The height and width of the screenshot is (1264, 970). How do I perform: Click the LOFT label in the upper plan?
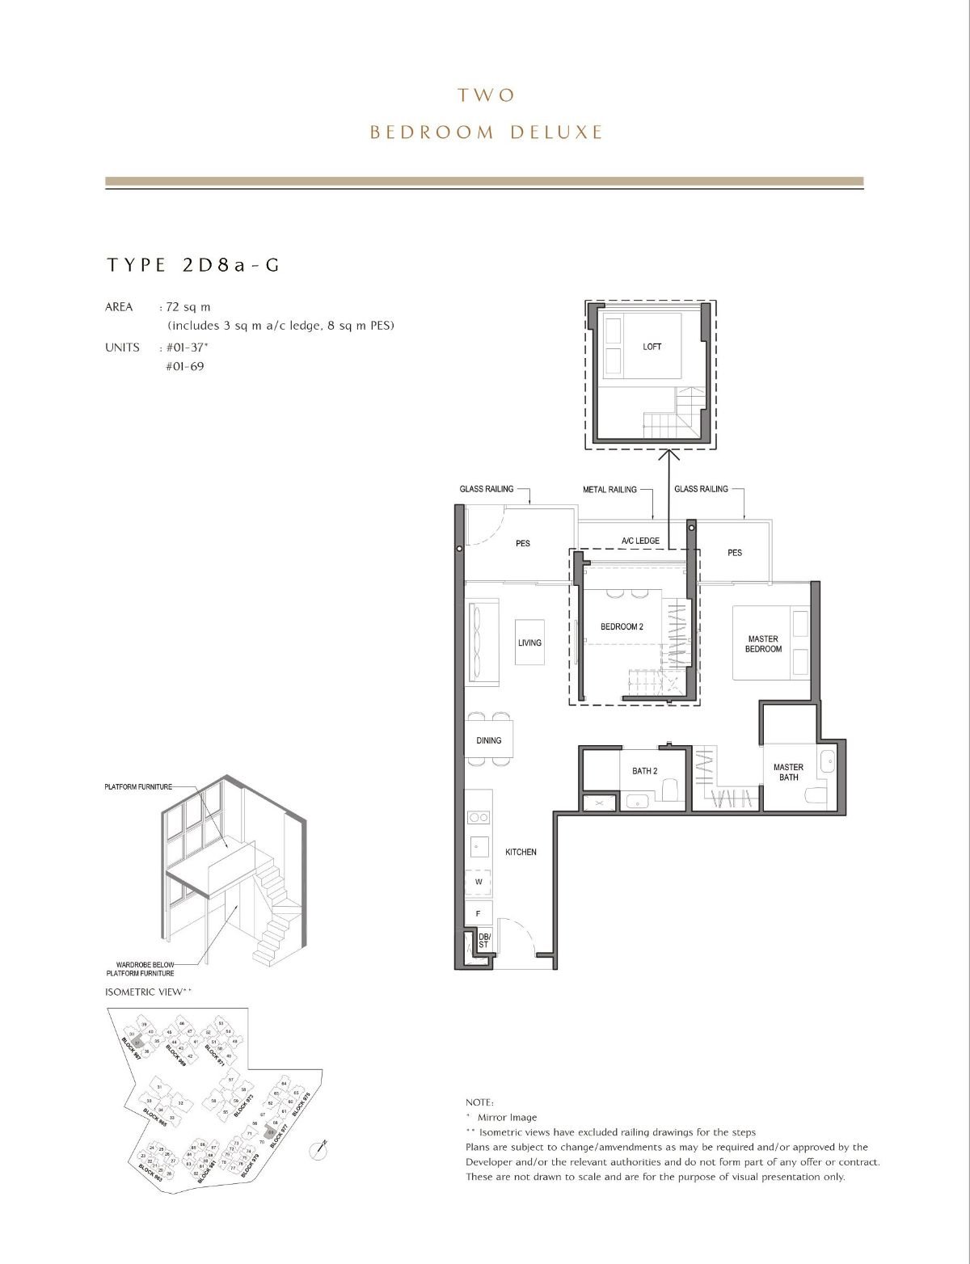click(652, 347)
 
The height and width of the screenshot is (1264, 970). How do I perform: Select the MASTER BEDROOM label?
click(763, 644)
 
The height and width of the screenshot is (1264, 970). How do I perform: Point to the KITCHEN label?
click(521, 852)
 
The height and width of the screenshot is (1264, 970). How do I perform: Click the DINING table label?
click(488, 740)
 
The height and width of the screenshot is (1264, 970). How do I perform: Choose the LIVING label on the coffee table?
click(529, 643)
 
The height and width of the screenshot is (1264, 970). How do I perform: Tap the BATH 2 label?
click(644, 771)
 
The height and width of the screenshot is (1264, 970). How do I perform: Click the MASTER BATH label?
click(788, 773)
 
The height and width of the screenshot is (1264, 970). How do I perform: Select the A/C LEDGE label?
click(640, 541)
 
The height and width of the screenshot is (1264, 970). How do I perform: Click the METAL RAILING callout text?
click(609, 490)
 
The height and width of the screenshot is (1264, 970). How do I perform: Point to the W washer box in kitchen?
click(479, 882)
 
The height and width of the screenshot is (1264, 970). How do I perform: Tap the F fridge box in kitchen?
click(479, 913)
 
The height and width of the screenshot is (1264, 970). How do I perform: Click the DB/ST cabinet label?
click(483, 940)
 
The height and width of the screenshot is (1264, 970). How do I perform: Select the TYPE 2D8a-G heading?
click(192, 265)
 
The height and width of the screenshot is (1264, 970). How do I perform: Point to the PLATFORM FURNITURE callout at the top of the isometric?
click(138, 787)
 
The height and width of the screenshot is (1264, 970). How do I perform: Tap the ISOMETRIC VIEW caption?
click(148, 992)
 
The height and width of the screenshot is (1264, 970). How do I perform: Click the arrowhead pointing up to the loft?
click(668, 456)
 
